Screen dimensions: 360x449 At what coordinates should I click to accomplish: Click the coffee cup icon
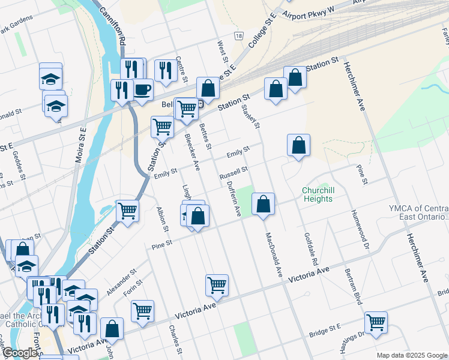click(142, 90)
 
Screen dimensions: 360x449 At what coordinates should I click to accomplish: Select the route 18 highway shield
click(239, 37)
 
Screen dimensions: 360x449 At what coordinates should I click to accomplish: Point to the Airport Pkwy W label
click(307, 11)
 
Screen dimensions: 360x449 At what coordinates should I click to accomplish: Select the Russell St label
click(234, 173)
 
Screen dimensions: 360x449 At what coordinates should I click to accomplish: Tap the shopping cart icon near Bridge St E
click(376, 322)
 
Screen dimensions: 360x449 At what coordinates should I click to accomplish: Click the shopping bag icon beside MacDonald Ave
click(263, 204)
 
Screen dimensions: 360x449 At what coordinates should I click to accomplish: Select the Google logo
click(19, 353)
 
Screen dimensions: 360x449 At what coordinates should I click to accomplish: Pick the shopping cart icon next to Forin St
click(143, 311)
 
